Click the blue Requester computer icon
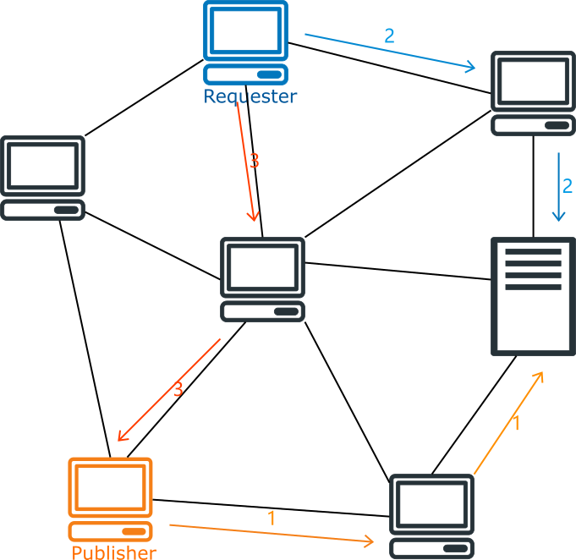click(245, 42)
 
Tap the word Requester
click(250, 96)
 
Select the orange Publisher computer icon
click(111, 499)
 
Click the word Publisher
click(114, 552)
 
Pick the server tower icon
click(533, 296)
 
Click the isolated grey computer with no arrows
click(42, 178)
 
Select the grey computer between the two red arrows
click(262, 279)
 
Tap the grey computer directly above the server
click(533, 93)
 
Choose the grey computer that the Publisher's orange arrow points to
click(431, 516)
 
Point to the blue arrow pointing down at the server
click(558, 188)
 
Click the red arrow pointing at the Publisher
click(169, 389)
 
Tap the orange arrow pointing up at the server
click(507, 423)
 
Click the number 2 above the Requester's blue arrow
click(389, 36)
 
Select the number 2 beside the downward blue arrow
click(568, 186)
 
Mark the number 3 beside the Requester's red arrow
click(254, 161)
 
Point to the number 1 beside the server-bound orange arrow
click(517, 423)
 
